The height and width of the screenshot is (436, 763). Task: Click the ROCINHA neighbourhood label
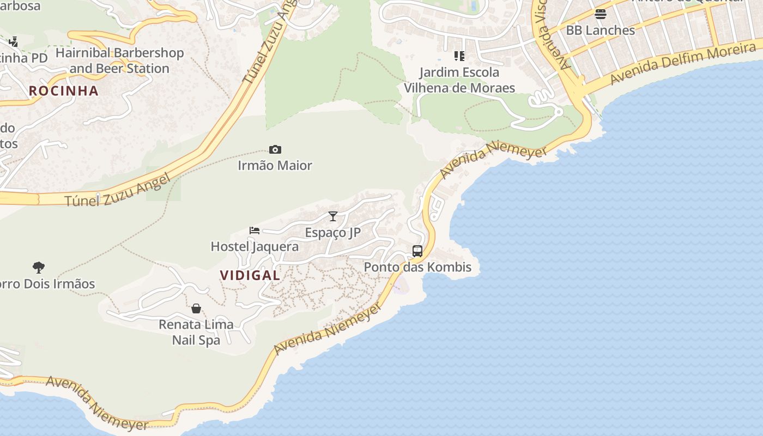[x=64, y=90]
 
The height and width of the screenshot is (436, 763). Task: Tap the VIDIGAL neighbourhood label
[x=250, y=275]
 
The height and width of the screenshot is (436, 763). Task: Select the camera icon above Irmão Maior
[x=275, y=149]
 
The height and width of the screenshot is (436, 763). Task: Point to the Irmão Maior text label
[x=275, y=165]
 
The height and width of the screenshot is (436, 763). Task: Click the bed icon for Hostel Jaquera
[x=255, y=231]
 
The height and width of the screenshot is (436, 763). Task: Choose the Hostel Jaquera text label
[x=255, y=247]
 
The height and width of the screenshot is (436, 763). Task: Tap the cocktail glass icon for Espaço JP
[x=333, y=216]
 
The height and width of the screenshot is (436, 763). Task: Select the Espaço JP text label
[x=333, y=233]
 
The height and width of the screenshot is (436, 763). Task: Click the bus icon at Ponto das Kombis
[x=417, y=251]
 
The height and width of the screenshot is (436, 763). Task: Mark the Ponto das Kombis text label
[x=417, y=268]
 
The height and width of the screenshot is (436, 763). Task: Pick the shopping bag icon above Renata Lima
[x=196, y=308]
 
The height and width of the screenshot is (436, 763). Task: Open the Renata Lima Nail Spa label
[x=196, y=332]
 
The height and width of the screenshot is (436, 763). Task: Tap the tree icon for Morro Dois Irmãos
[x=38, y=268]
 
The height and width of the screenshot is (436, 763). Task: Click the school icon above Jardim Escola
[x=459, y=56]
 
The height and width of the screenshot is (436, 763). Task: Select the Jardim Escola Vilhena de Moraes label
[x=459, y=80]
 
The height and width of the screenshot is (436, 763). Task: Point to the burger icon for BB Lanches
[x=601, y=14]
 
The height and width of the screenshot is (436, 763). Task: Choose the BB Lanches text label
[x=601, y=31]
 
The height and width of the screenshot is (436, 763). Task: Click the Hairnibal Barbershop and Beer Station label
[x=119, y=60]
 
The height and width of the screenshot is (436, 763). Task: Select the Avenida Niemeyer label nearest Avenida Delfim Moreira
[x=493, y=159]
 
